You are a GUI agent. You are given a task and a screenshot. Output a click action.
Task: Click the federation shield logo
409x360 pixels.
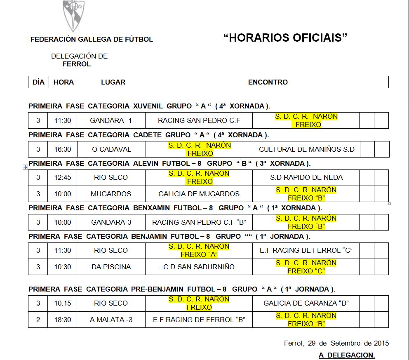(73, 16)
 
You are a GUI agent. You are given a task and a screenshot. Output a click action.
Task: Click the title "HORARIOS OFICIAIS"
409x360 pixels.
(285, 38)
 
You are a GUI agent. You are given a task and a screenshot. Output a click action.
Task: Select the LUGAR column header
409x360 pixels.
(113, 82)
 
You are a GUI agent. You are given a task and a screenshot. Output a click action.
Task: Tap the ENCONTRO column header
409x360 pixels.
(268, 82)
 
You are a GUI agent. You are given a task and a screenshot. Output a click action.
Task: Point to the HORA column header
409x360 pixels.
(63, 82)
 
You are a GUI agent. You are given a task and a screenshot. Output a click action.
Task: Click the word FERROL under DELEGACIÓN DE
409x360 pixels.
(77, 64)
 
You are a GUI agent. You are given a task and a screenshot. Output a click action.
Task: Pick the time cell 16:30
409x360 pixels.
(63, 149)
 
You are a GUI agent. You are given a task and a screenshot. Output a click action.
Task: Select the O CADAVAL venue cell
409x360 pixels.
(111, 149)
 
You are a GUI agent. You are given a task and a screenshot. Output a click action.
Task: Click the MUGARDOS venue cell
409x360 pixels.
(111, 194)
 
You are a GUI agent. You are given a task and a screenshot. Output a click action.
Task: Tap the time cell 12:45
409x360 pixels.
(63, 177)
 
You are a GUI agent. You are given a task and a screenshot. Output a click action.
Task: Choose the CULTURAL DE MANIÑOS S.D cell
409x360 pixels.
(306, 149)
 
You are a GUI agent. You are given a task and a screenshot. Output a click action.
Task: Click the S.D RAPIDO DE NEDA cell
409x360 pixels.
(306, 177)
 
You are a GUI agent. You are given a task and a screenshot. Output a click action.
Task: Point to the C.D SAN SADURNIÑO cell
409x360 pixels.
(199, 267)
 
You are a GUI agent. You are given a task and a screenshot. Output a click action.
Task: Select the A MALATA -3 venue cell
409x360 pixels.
(111, 320)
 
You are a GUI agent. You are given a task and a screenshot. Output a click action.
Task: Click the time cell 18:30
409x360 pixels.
(63, 320)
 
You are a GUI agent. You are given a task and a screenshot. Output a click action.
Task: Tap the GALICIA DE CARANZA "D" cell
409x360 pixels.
(306, 303)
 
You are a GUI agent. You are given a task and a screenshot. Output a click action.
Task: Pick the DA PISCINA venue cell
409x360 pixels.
(111, 267)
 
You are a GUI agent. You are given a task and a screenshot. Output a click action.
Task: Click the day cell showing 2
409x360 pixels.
(38, 320)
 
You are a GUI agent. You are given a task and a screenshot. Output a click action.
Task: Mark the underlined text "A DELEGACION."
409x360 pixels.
(347, 355)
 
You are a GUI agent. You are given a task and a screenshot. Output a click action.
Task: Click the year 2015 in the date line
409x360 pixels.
(381, 343)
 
